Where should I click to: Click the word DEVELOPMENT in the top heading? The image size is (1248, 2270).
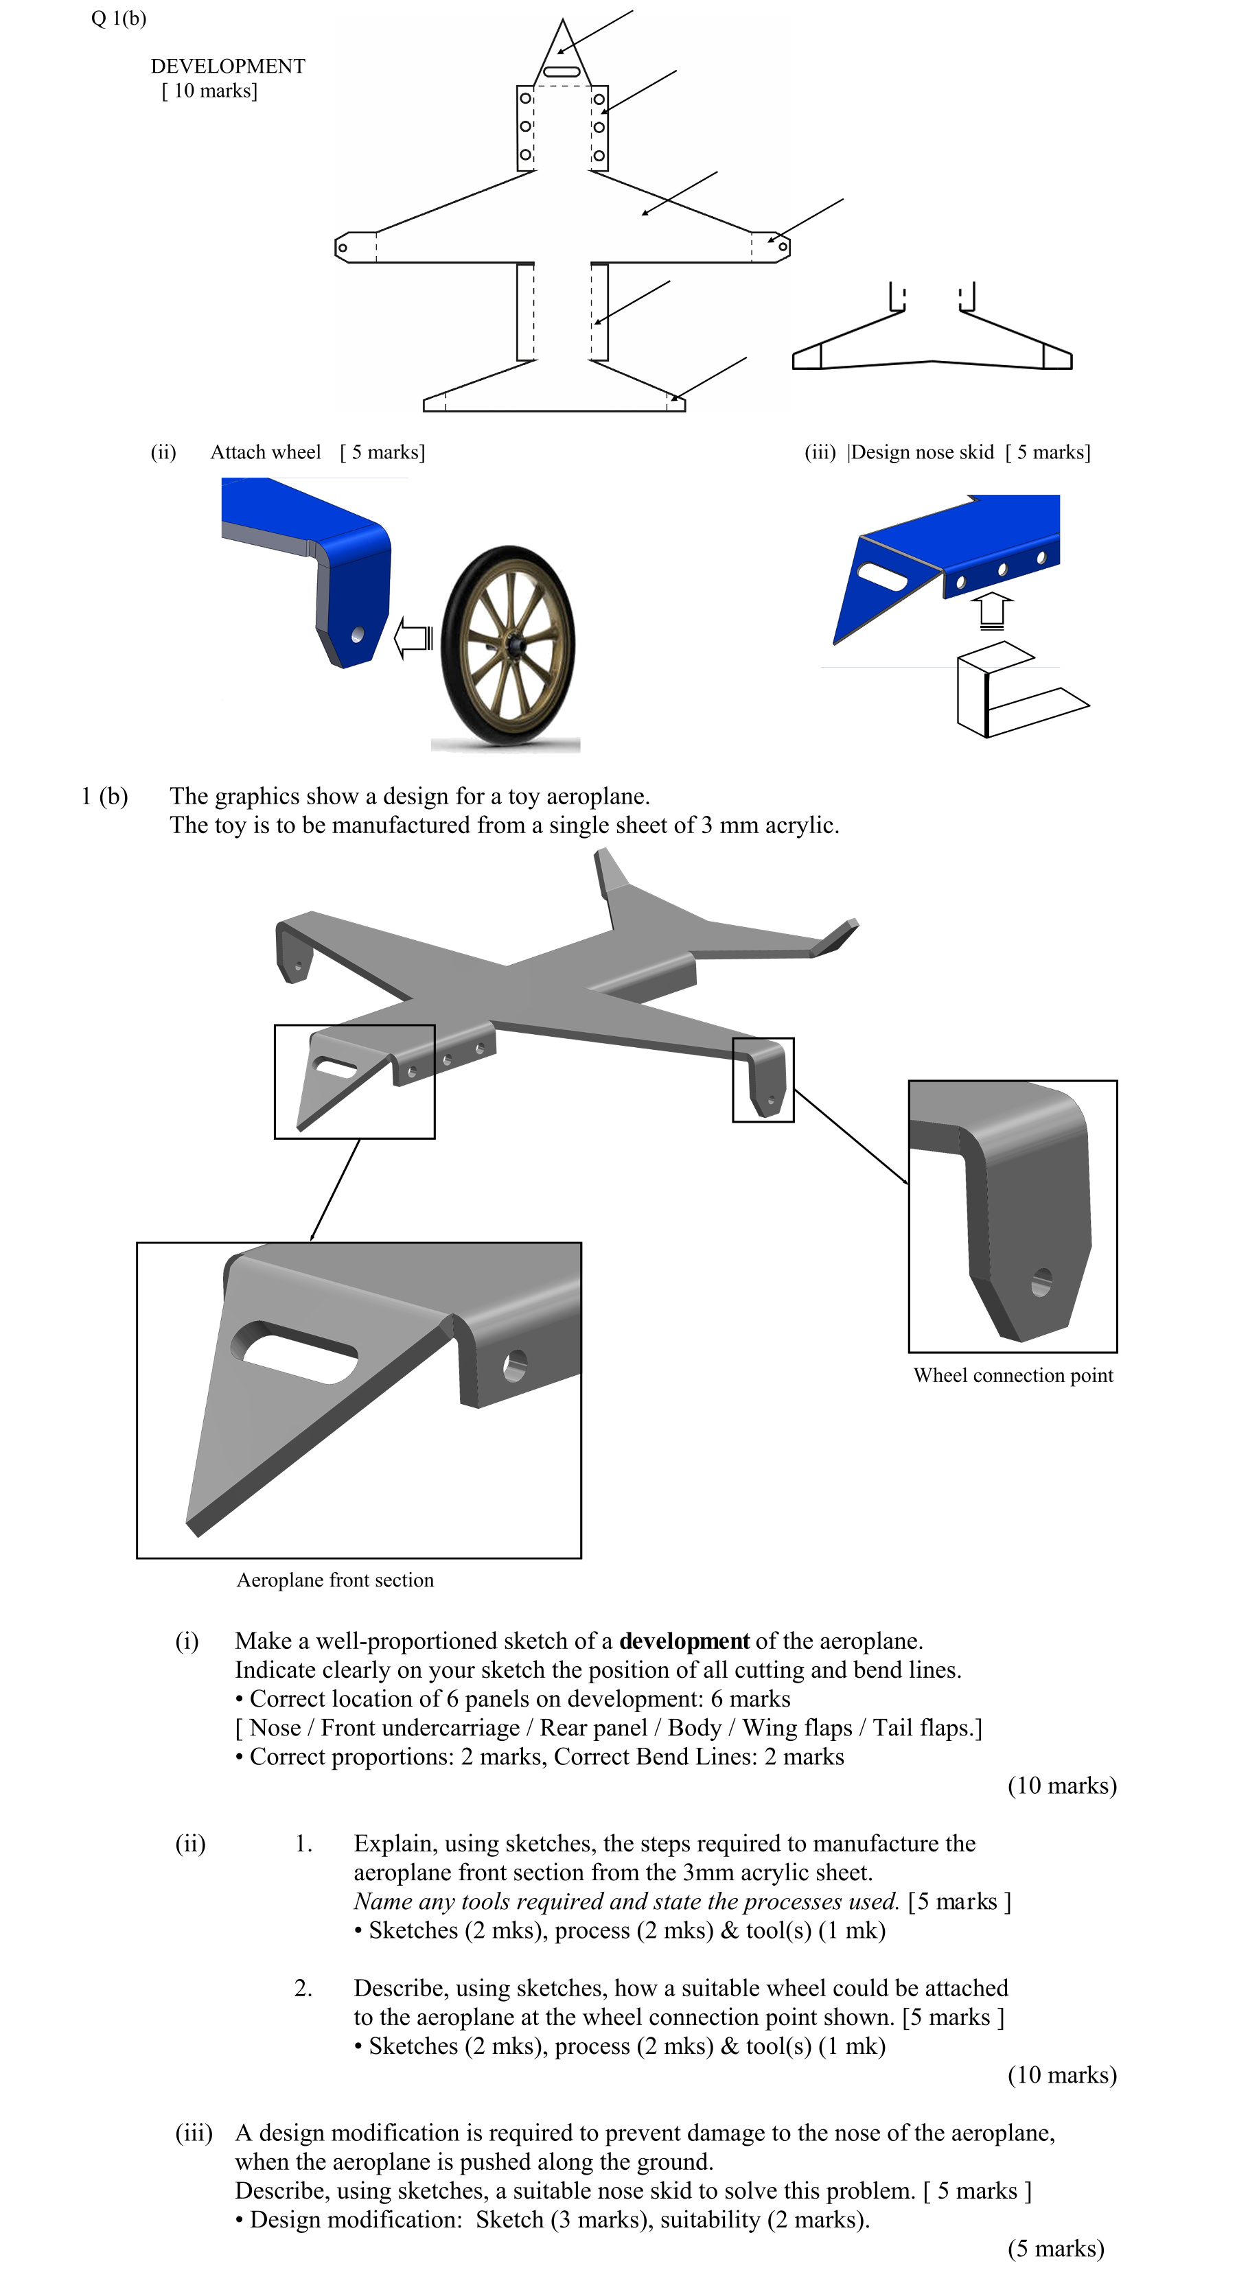[227, 66]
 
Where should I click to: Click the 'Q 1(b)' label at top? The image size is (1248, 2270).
[118, 18]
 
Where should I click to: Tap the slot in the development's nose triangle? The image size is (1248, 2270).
[562, 71]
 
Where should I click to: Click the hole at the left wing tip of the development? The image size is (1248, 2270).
[343, 248]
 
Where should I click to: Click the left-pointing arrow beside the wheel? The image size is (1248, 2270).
[413, 637]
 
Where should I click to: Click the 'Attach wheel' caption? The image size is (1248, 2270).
[265, 452]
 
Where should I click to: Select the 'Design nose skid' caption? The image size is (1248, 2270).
[921, 452]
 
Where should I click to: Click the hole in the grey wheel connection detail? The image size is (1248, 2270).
[1041, 1281]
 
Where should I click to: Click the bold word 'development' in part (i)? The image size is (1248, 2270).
[684, 1640]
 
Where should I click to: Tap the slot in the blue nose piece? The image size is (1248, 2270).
[882, 576]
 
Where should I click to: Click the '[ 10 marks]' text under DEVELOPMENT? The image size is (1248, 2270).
[210, 91]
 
